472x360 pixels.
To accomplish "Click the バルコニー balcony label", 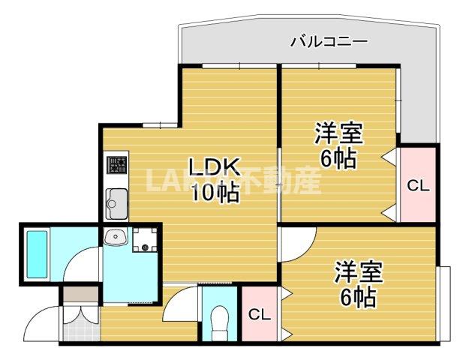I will [329, 41].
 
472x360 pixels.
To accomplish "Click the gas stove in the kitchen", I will [116, 163].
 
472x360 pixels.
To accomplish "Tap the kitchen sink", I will [116, 199].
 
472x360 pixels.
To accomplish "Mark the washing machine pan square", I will [144, 239].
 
